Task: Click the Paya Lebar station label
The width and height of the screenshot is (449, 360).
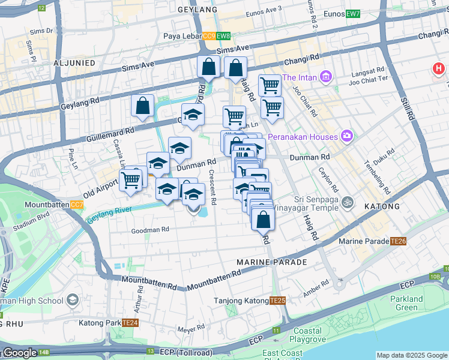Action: pyautogui.click(x=182, y=36)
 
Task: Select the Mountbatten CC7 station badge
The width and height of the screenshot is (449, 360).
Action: pyautogui.click(x=77, y=205)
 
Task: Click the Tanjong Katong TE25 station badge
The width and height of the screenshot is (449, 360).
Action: pyautogui.click(x=277, y=301)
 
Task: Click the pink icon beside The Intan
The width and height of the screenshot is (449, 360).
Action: pyautogui.click(x=326, y=77)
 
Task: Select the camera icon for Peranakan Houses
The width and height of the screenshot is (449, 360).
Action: pyautogui.click(x=346, y=136)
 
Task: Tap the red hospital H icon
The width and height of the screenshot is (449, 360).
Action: pyautogui.click(x=439, y=69)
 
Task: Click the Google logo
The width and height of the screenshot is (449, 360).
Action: pyautogui.click(x=20, y=353)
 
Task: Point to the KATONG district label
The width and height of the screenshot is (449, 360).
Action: pyautogui.click(x=382, y=206)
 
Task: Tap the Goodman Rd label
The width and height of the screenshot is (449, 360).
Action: pyautogui.click(x=151, y=230)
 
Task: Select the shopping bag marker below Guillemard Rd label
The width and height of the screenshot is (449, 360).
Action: pyautogui.click(x=143, y=106)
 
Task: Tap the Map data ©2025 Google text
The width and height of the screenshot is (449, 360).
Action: pyautogui.click(x=411, y=355)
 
